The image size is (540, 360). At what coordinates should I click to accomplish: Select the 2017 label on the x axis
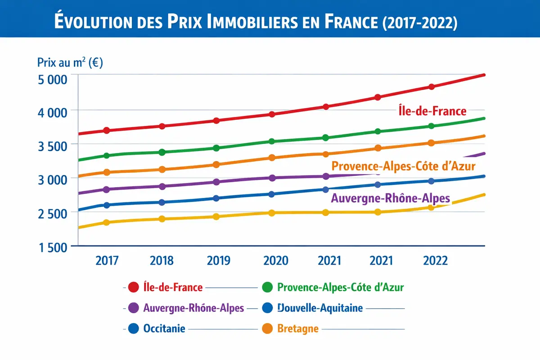[107, 261]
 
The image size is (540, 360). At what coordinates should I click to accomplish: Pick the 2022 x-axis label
[436, 261]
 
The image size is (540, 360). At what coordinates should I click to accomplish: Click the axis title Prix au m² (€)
[70, 63]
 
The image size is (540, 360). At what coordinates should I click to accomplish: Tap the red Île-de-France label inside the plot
[432, 110]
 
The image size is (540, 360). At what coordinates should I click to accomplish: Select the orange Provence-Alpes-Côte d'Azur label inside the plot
[403, 166]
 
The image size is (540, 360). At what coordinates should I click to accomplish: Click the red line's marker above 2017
[107, 130]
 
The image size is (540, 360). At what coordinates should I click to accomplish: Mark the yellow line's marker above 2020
[272, 213]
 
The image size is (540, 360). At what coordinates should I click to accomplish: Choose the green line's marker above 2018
[162, 152]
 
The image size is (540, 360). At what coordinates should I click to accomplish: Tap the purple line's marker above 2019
[216, 182]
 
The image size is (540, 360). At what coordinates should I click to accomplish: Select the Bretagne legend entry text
[298, 329]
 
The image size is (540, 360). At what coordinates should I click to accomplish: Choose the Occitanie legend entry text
[164, 329]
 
